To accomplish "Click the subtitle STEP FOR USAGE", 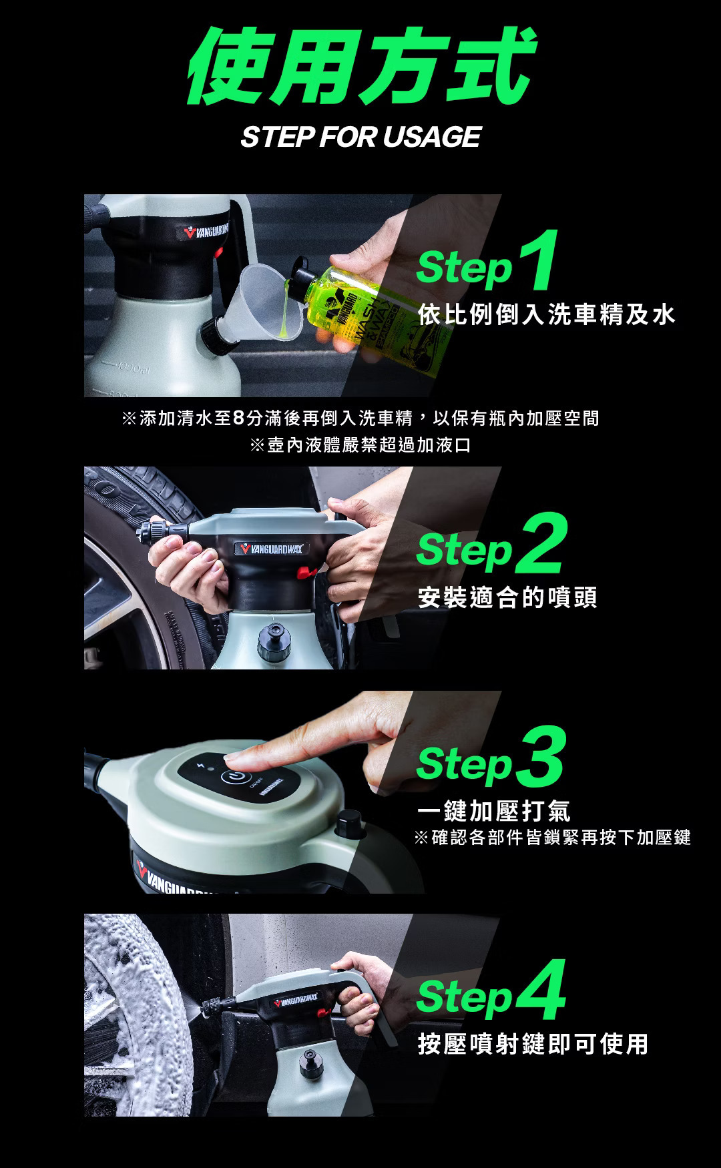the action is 360,137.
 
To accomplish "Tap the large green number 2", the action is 541,543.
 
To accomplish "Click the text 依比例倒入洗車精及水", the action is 547,314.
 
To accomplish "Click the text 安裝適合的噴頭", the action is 507,597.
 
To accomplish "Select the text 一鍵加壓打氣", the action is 494,811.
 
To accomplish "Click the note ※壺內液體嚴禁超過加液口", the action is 360,445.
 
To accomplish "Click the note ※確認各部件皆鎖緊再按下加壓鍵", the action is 553,837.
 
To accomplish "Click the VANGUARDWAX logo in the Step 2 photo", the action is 271,549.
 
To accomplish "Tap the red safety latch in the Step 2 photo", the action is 306,572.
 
